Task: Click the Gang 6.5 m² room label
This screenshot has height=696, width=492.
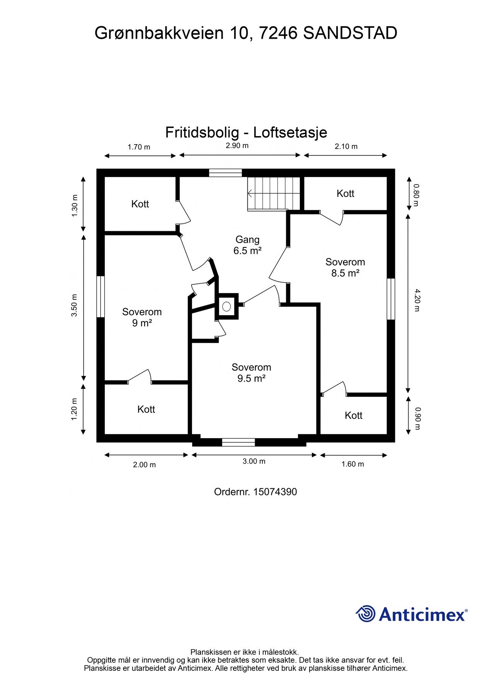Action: [247, 245]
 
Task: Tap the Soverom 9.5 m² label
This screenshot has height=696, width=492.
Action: [251, 373]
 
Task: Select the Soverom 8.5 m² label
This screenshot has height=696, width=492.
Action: [345, 268]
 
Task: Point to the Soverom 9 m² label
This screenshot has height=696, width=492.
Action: [142, 317]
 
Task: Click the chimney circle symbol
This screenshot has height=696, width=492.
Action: [226, 307]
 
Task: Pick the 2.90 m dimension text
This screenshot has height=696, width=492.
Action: [237, 146]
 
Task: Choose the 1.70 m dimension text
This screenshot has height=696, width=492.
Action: [139, 147]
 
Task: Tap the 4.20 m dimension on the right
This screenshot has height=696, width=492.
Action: [416, 300]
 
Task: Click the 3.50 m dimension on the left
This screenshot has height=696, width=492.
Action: [74, 305]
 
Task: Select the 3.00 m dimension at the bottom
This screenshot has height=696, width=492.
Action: [254, 461]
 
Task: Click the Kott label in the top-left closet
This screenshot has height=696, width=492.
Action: [140, 204]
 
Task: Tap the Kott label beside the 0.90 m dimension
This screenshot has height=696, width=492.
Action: [354, 415]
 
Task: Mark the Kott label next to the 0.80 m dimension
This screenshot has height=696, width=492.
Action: [345, 193]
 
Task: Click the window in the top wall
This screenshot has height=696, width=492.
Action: [225, 173]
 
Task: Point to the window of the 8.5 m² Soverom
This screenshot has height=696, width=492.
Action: [391, 299]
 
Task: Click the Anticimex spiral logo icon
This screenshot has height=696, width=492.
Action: [366, 614]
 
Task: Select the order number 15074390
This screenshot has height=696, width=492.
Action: [275, 492]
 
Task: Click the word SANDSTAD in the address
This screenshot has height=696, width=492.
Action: [350, 33]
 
